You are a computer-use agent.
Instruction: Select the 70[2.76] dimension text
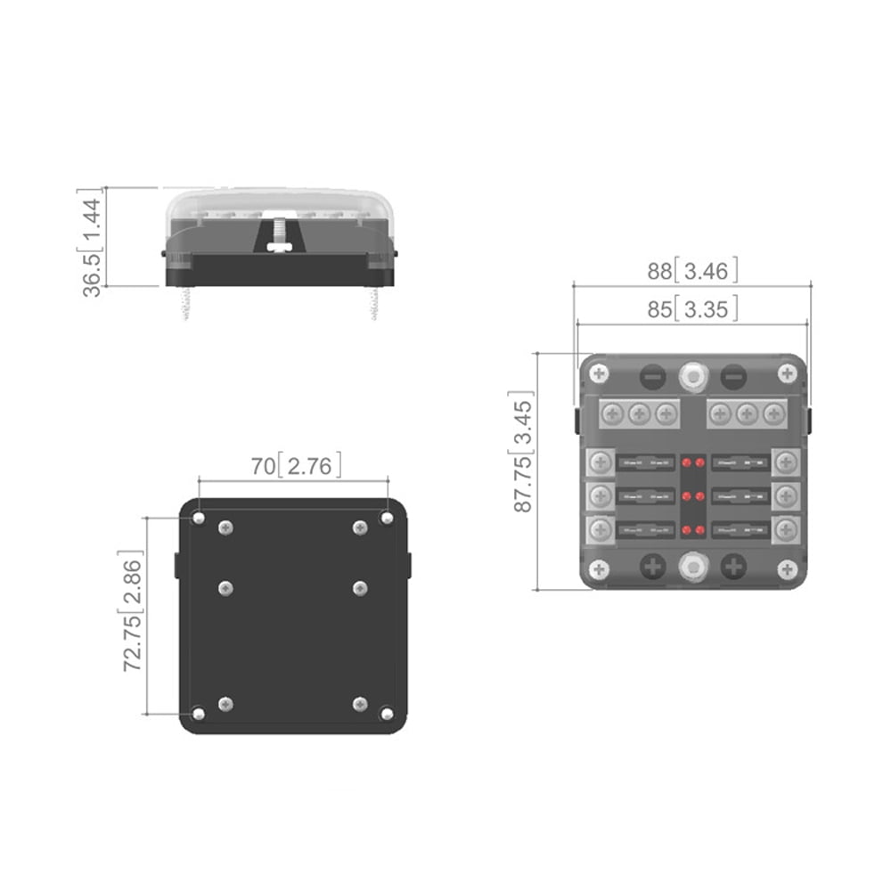pos(294,465)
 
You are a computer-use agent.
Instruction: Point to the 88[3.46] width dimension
pos(692,271)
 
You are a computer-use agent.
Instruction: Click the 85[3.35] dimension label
pos(692,309)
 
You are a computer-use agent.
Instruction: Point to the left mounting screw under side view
pos(185,302)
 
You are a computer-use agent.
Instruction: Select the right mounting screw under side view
pos(374,302)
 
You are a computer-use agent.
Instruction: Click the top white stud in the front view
pos(692,375)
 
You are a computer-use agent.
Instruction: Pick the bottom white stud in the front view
pos(692,566)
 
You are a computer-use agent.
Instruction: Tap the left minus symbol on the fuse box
pos(653,376)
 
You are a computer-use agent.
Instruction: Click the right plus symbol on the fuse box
pos(732,566)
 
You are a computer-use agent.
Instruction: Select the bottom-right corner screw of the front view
pos(787,568)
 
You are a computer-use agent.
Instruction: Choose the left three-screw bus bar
pos(637,414)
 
